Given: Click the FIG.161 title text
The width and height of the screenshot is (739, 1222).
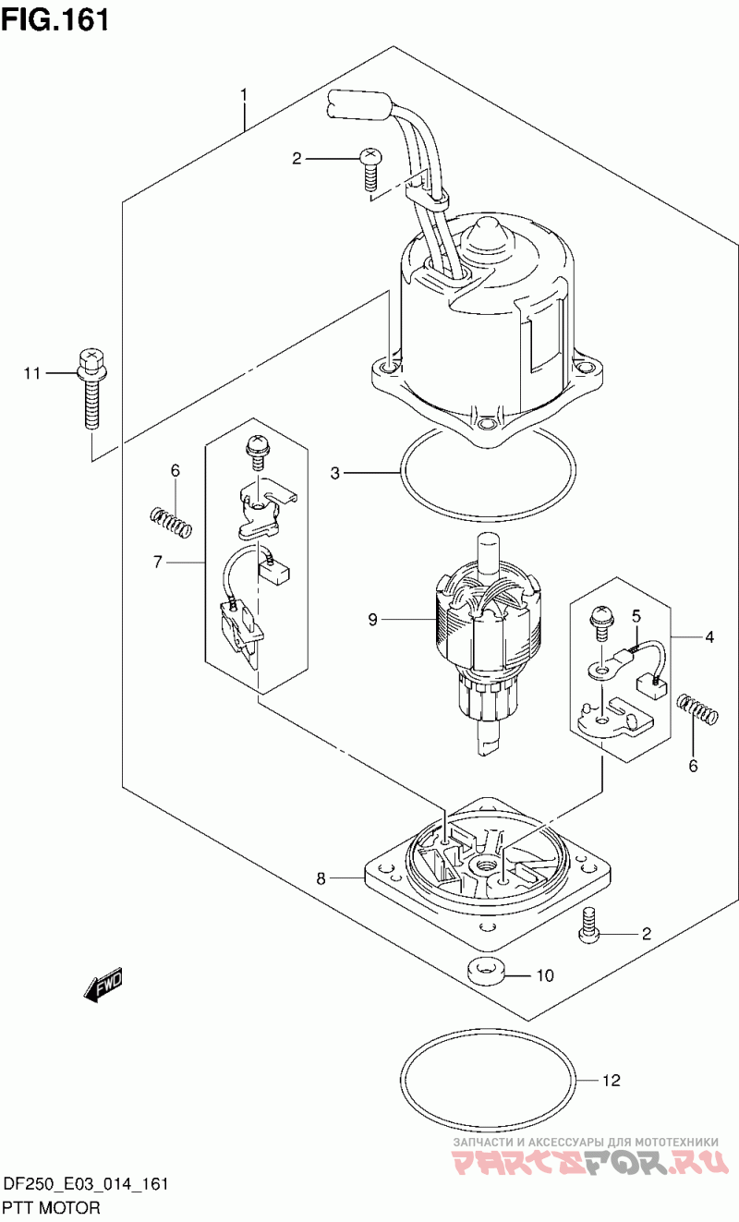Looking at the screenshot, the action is point(55,20).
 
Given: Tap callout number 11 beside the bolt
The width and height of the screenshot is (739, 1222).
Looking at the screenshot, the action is point(32,374).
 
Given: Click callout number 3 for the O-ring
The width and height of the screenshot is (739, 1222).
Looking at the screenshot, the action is point(334,473).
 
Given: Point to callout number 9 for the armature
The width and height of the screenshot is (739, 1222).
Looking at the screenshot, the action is point(373,620).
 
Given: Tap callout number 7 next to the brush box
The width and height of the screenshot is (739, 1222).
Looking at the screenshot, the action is point(158,562).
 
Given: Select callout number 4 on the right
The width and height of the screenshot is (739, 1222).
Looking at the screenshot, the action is point(709,636).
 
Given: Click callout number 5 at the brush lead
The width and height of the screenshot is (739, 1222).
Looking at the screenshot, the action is point(636,616).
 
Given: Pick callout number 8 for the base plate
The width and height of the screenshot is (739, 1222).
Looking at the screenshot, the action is point(321,878).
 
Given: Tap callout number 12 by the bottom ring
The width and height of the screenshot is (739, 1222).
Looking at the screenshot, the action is point(612,1080).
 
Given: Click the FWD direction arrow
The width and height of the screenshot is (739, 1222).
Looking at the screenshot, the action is point(103,985).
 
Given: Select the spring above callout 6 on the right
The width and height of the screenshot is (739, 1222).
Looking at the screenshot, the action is point(697,709).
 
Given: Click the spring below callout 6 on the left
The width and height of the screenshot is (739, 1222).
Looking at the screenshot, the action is point(171,523).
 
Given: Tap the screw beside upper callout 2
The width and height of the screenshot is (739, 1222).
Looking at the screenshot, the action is point(370,170).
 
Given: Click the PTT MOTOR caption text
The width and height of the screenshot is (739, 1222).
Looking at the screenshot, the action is point(52,1207).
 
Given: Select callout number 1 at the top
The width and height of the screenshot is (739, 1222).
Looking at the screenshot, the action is point(244,97).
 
